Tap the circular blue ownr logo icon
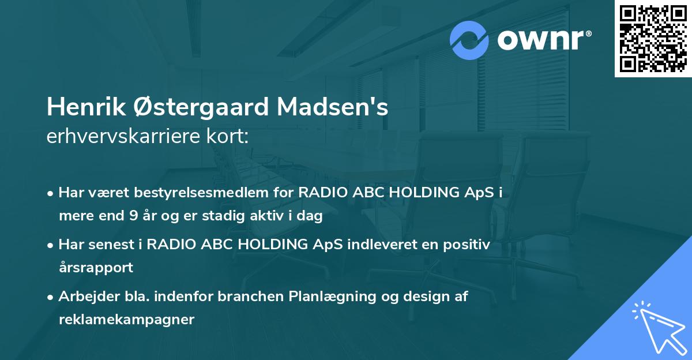click(470, 40)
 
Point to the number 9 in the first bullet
click(134, 216)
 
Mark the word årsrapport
click(96, 268)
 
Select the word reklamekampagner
click(126, 320)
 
